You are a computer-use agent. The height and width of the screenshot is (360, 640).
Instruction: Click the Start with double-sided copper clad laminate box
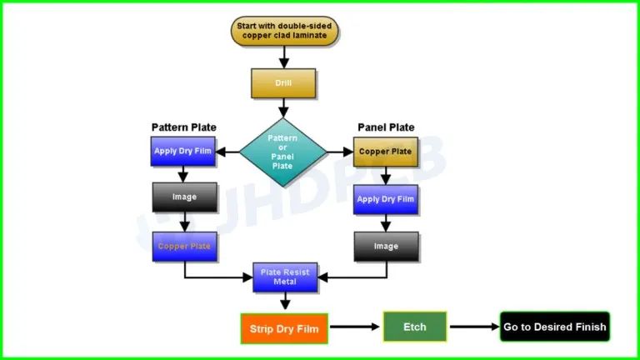(x=283, y=31)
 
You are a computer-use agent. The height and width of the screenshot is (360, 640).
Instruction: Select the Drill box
(x=283, y=83)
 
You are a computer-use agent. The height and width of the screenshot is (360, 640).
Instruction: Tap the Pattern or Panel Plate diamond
(x=283, y=152)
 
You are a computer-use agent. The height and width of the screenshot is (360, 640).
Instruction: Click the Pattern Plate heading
(x=183, y=127)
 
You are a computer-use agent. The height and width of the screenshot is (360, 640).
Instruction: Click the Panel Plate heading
(x=386, y=127)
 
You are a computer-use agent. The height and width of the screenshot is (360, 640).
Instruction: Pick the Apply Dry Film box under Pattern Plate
(x=184, y=152)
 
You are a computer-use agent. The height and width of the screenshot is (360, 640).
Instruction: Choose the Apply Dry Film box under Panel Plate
(x=386, y=200)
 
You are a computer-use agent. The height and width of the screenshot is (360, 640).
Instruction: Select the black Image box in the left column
(x=184, y=197)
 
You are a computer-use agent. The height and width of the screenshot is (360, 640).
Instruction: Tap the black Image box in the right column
(x=386, y=247)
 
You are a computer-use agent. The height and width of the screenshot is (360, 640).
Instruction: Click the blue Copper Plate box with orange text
(x=184, y=247)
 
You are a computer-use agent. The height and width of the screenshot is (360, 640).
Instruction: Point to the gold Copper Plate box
(x=386, y=152)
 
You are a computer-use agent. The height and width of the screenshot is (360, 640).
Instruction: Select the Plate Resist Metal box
(x=285, y=277)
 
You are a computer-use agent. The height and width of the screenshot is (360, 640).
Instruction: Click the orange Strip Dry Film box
(x=284, y=328)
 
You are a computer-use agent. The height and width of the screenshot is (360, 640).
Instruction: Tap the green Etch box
(x=414, y=327)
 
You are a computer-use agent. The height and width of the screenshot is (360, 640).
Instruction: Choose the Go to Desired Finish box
(x=555, y=327)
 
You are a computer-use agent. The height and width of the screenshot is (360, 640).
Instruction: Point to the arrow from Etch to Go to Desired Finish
(x=473, y=327)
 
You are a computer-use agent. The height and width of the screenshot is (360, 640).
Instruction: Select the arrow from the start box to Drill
(x=283, y=57)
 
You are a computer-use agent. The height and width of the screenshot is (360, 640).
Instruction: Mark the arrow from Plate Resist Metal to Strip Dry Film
(x=285, y=302)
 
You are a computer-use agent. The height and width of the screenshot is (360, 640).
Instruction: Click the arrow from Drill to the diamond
(x=283, y=107)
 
